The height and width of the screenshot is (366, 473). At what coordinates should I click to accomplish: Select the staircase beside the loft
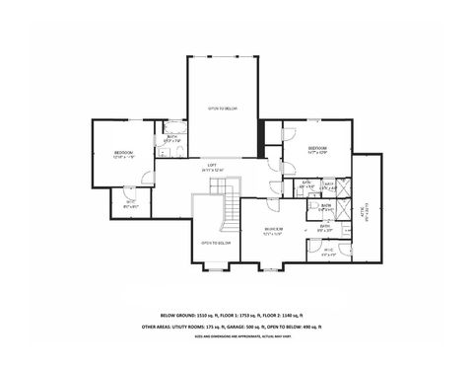click(231, 209)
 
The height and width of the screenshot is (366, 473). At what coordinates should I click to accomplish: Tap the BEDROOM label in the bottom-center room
click(274, 229)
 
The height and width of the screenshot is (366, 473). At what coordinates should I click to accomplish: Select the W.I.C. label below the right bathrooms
click(327, 251)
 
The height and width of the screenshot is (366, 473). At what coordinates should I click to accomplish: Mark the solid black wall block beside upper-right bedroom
click(261, 138)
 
